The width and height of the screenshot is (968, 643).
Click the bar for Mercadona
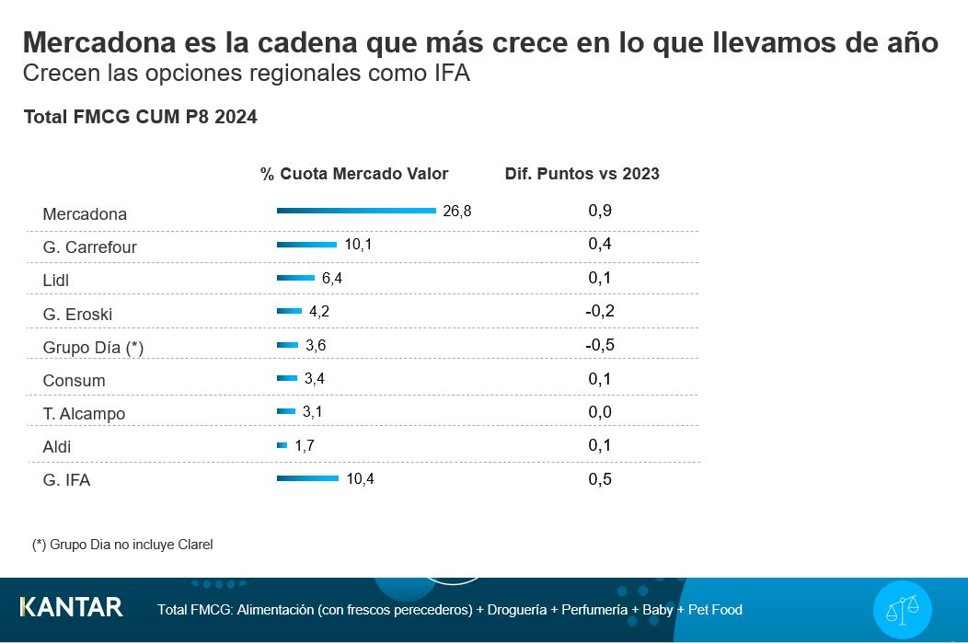pyautogui.click(x=356, y=211)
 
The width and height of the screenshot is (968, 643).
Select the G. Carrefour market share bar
pyautogui.click(x=306, y=244)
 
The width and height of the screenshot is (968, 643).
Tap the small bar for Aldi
pyautogui.click(x=282, y=445)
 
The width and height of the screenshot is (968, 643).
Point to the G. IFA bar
pyautogui.click(x=307, y=478)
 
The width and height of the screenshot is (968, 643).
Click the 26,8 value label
pyautogui.click(x=456, y=211)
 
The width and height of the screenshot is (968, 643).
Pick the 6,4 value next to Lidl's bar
pyautogui.click(x=332, y=278)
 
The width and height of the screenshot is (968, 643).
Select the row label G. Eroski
pyautogui.click(x=77, y=314)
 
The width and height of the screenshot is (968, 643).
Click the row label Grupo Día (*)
pyautogui.click(x=93, y=348)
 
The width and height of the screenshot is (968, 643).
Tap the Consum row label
pyautogui.click(x=74, y=381)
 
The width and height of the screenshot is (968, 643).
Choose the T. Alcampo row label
pyautogui.click(x=84, y=414)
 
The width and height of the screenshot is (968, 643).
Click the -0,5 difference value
pyautogui.click(x=600, y=345)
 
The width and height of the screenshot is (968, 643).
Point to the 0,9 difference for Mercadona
pyautogui.click(x=600, y=211)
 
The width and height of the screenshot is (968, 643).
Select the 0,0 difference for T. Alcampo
pyautogui.click(x=600, y=412)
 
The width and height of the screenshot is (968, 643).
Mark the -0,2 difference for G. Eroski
pyautogui.click(x=600, y=311)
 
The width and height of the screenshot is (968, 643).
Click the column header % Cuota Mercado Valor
pyautogui.click(x=354, y=174)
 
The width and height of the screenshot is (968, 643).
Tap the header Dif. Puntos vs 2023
pyautogui.click(x=582, y=174)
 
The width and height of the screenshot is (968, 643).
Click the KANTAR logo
pyautogui.click(x=71, y=607)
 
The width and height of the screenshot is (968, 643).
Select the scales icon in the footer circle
pyautogui.click(x=902, y=610)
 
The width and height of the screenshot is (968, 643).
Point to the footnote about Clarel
pyautogui.click(x=122, y=545)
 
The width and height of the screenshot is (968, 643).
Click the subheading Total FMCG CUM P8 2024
pyautogui.click(x=140, y=118)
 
